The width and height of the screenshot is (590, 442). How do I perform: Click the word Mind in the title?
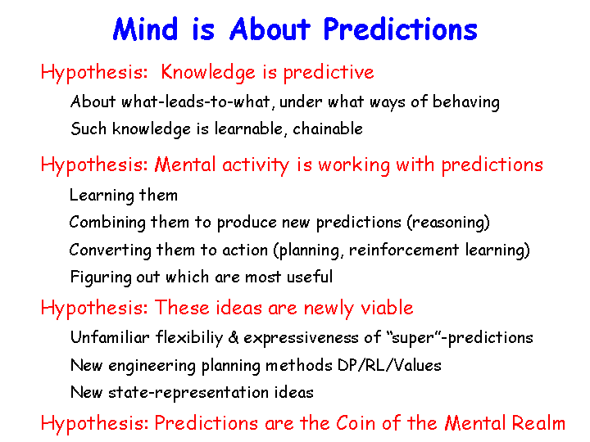(145, 29)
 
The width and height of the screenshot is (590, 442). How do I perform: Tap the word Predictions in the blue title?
(401, 29)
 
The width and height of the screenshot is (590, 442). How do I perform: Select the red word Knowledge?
(208, 73)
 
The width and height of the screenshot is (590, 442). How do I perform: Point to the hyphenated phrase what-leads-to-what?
(196, 101)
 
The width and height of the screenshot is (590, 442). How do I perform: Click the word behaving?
(465, 102)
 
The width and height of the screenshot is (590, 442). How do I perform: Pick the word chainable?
(328, 129)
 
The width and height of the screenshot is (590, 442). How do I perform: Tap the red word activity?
(256, 165)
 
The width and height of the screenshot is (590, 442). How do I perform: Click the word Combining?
(107, 223)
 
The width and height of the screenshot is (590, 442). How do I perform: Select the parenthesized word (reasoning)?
(448, 223)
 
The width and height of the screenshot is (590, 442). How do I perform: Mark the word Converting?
(111, 250)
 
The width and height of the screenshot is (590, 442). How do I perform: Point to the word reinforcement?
(404, 250)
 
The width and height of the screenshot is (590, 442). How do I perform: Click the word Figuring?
(101, 277)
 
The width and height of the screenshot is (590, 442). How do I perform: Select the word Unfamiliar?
(110, 337)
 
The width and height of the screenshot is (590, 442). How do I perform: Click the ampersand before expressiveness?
(234, 337)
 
